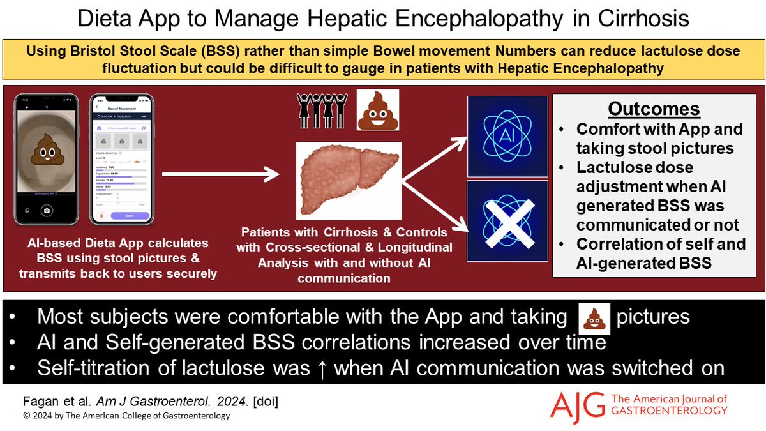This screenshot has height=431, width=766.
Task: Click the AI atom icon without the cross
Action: (507, 135)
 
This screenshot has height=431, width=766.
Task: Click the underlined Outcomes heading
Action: (659, 108)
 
